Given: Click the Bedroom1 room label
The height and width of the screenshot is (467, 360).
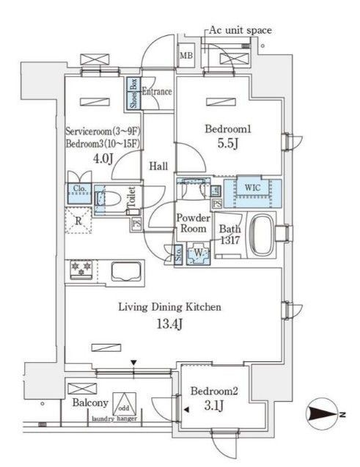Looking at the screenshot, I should (228, 129).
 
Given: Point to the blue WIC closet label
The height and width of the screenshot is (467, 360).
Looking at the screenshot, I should (252, 188).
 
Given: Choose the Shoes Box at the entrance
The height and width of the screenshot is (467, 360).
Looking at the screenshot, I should (133, 93).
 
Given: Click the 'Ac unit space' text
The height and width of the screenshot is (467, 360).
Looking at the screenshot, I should (240, 30).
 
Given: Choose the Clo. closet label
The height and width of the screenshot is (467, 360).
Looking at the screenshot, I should (80, 186).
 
